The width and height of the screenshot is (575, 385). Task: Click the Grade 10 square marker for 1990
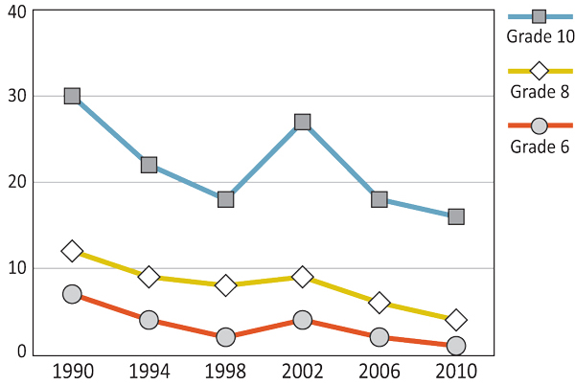[x=72, y=96]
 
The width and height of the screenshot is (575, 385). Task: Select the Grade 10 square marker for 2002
[x=303, y=122]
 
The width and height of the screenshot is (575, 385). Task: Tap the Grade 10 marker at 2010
[x=456, y=216]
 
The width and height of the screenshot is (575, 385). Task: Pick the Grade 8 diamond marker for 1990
[x=72, y=251]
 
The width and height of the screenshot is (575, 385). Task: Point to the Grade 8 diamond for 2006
[x=379, y=303]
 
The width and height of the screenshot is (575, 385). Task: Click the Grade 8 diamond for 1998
[x=226, y=285]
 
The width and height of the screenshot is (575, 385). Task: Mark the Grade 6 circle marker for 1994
[x=149, y=320]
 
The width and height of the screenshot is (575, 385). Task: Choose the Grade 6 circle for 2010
[x=456, y=346]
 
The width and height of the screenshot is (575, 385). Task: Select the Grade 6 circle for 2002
[x=303, y=320]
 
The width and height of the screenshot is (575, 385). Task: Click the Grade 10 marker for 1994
[x=149, y=165]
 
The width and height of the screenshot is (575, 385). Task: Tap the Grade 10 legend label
[x=540, y=37]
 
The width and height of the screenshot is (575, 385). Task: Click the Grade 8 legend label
[x=540, y=92]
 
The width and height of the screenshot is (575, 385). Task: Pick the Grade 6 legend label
[x=540, y=147]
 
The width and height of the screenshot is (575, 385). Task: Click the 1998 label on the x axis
[x=226, y=370]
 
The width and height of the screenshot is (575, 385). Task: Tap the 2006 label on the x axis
[x=379, y=370]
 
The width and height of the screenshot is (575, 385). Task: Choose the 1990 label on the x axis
[x=72, y=370]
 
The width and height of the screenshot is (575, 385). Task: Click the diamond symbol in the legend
[x=540, y=71]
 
